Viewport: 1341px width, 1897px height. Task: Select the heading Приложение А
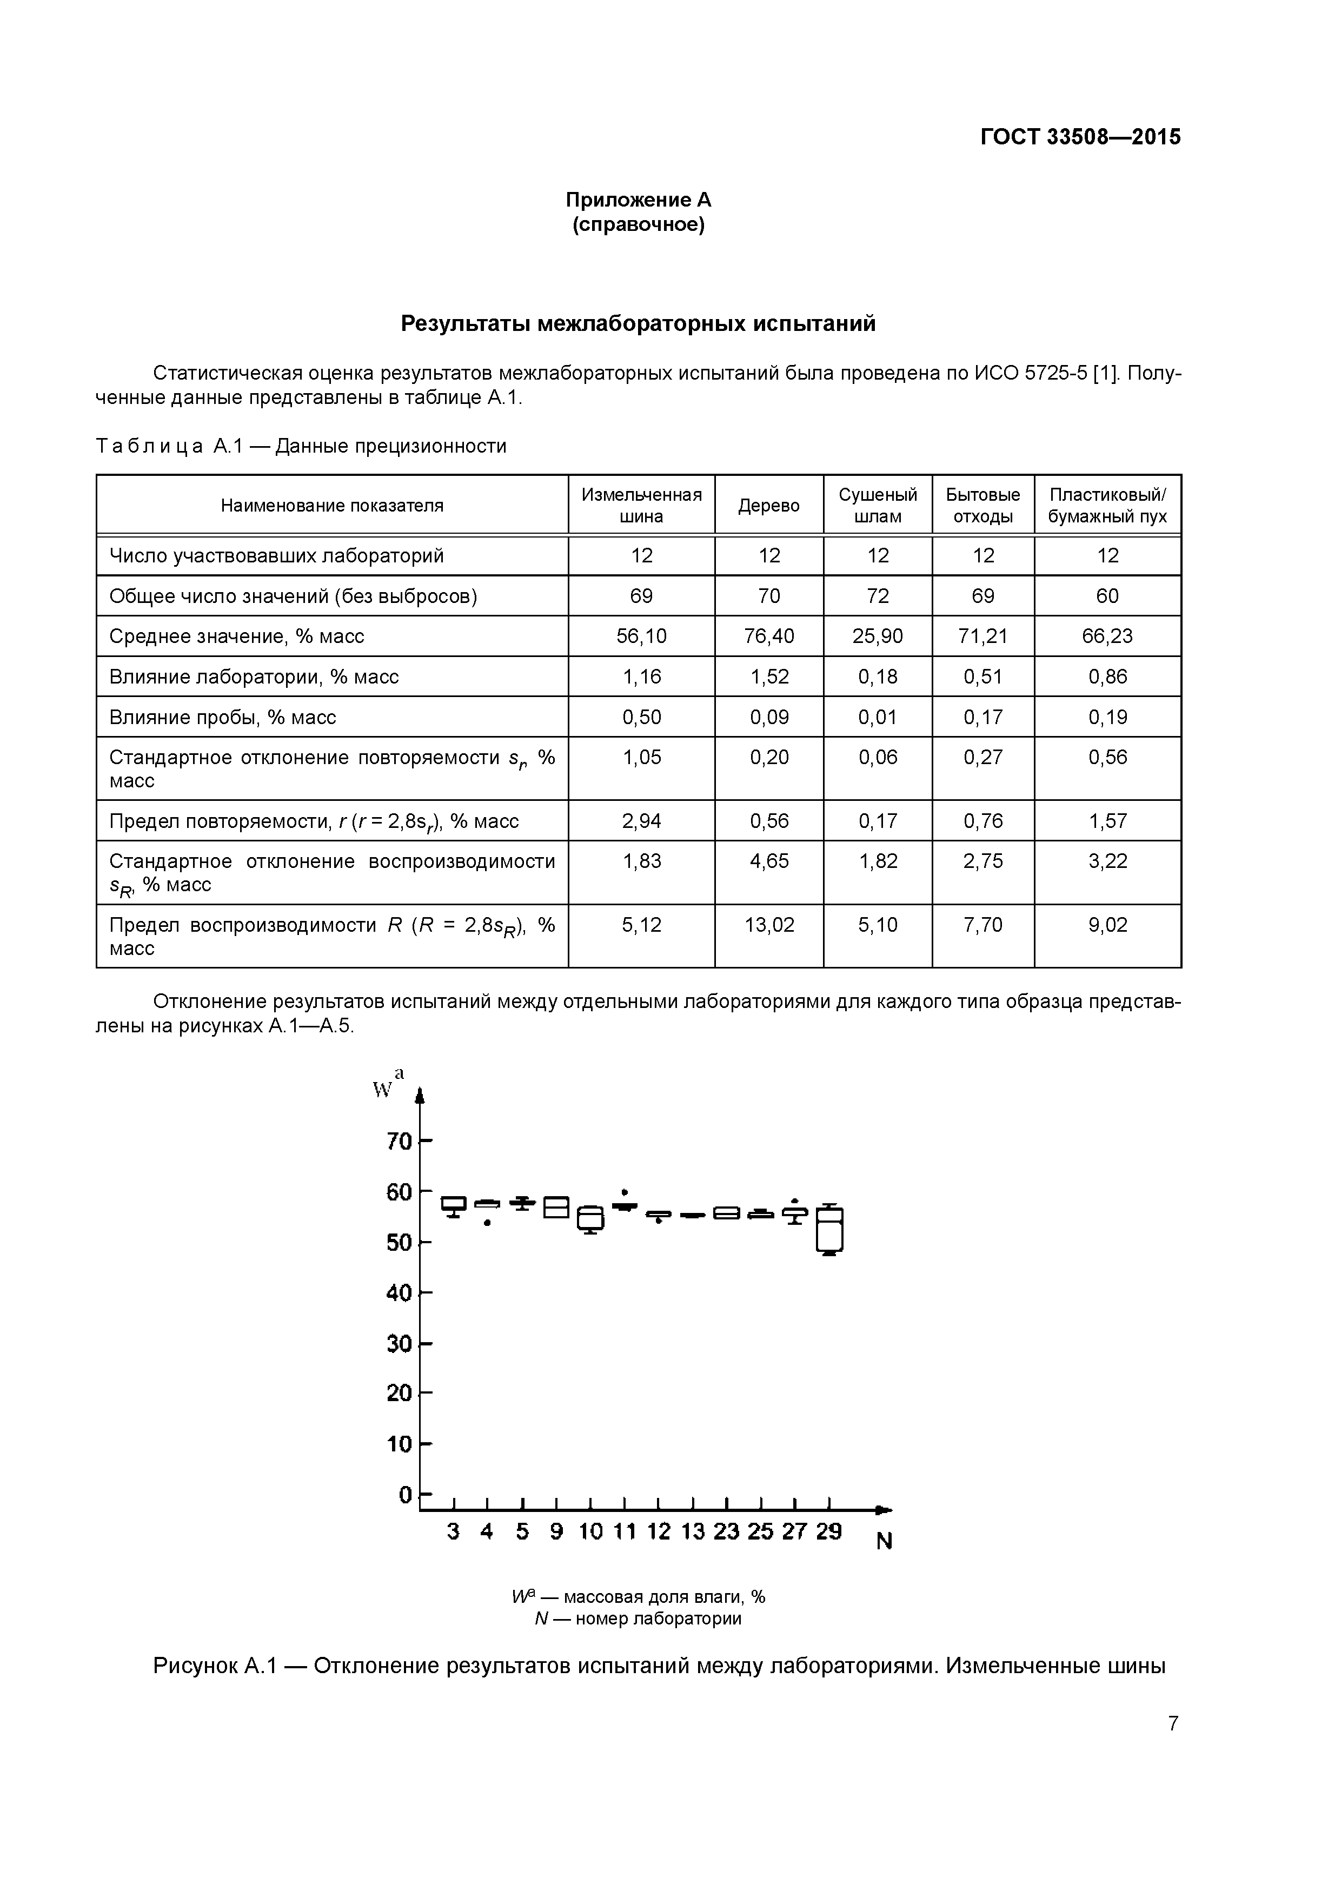[638, 200]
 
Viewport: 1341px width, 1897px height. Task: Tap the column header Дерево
[768, 506]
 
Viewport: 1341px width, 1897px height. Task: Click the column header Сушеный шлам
[878, 506]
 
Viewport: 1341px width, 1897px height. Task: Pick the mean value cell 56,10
[641, 636]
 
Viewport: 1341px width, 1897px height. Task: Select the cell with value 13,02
[768, 925]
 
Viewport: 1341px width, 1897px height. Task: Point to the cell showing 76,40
[768, 636]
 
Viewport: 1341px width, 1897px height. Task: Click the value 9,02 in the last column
[1107, 925]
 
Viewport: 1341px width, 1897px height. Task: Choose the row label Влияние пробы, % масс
[223, 717]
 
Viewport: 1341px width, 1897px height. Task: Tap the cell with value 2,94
[641, 821]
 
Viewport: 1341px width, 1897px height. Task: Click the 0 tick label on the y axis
[405, 1494]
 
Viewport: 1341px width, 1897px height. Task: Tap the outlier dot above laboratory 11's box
[626, 1192]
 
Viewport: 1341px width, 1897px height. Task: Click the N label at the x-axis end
[884, 1542]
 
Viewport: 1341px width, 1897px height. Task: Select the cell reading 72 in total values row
[878, 596]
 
